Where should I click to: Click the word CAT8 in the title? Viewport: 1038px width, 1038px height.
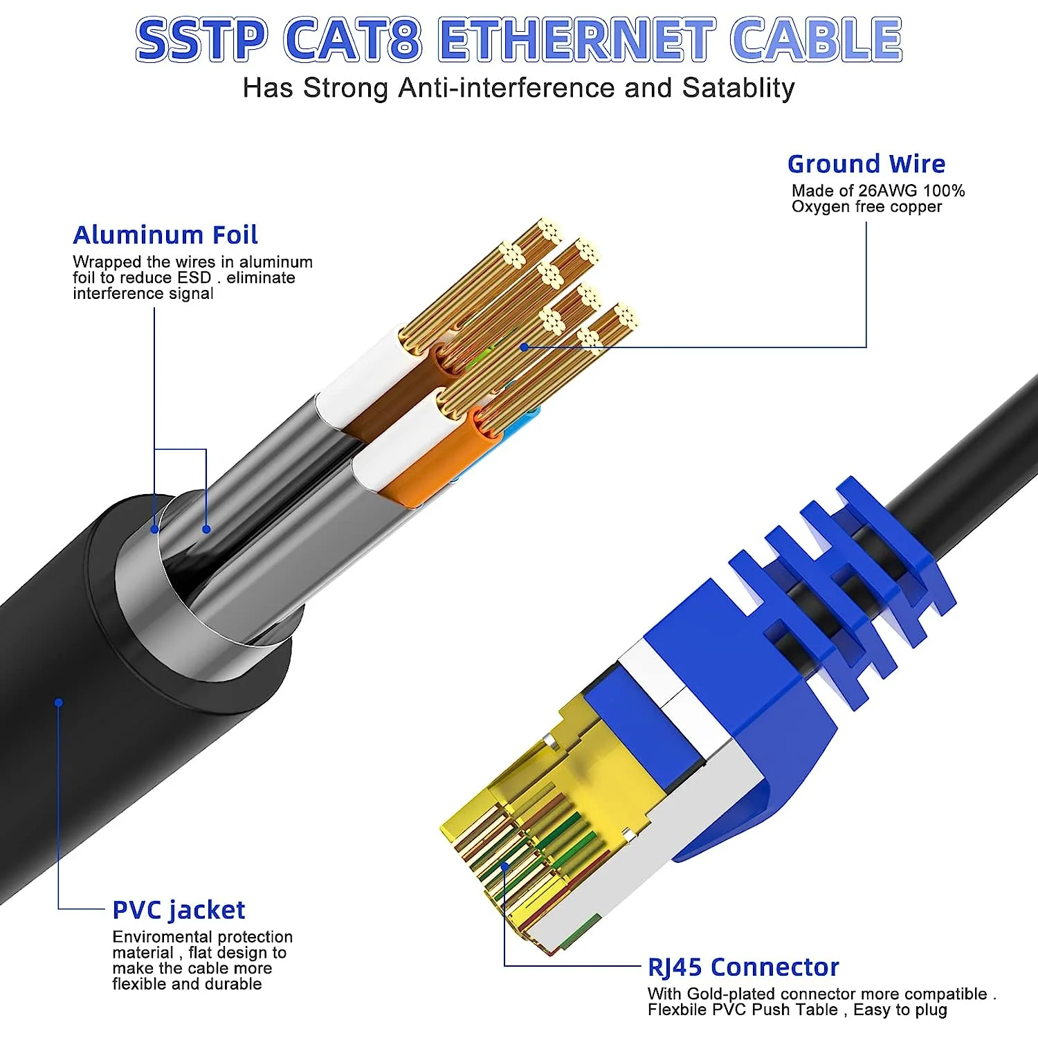point(352,39)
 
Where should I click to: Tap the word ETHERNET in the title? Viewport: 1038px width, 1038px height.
point(576,39)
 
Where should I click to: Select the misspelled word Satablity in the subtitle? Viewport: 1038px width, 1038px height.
point(738,89)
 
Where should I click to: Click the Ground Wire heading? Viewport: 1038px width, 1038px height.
point(866,164)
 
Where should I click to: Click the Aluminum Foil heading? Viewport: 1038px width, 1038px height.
point(165,235)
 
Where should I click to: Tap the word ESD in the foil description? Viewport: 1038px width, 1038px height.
point(194,278)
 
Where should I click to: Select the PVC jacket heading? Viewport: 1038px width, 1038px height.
point(179,910)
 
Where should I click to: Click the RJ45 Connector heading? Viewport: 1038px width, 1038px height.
point(743,967)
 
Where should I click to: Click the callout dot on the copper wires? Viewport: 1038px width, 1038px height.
point(525,347)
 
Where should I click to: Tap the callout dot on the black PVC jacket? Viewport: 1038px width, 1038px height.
point(59,702)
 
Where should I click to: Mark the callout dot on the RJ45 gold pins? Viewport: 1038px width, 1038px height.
point(505,865)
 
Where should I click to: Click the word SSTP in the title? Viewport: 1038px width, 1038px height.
point(201,39)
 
